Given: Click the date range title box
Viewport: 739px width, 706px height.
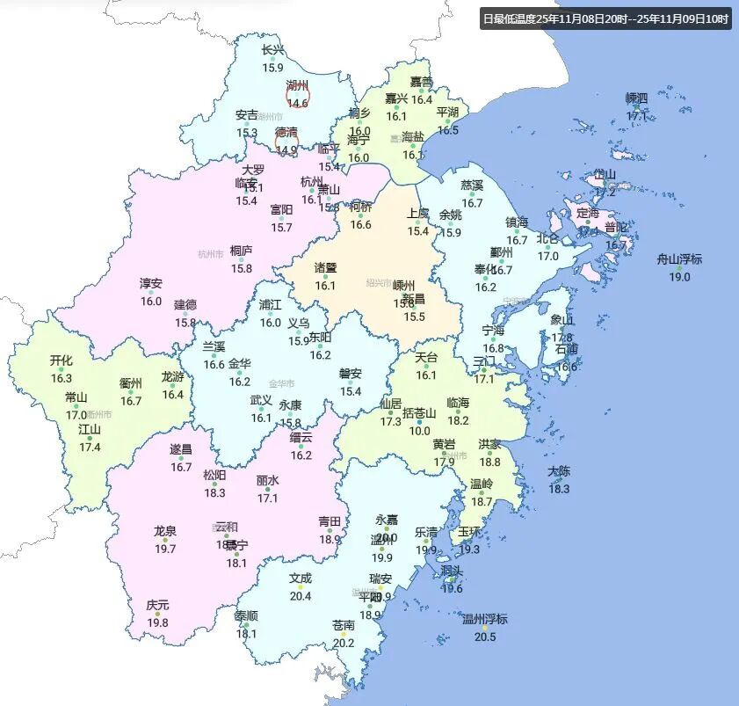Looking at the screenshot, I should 605,18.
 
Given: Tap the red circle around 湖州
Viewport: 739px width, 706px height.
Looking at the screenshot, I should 298,93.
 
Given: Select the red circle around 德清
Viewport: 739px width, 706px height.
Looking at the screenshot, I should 286,140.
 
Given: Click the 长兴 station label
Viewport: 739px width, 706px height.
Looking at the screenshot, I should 273,51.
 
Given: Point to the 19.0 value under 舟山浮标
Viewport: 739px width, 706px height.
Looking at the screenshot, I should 679,277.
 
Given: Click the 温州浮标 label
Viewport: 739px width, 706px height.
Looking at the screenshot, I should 484,619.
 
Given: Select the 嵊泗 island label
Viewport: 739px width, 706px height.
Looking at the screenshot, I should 636,98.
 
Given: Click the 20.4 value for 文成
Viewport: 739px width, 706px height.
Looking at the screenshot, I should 301,595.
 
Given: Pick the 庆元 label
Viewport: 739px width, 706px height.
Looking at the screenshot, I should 158,606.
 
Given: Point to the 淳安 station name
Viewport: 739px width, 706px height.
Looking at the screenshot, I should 151,283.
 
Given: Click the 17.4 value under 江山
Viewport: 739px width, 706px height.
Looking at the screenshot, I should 90,447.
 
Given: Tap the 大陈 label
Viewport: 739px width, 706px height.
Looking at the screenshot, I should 559,471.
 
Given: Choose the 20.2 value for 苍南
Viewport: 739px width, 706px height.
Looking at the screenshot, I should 343,643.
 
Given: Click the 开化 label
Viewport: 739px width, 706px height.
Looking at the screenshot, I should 62,360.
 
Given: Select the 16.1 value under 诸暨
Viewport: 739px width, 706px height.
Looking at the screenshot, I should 325,285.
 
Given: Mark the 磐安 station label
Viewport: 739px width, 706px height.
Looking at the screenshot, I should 351,373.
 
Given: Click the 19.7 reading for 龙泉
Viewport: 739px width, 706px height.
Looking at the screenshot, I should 165,549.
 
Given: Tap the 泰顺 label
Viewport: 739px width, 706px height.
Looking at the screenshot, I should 247,615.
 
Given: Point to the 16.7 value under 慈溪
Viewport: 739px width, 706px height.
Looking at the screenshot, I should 472,203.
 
